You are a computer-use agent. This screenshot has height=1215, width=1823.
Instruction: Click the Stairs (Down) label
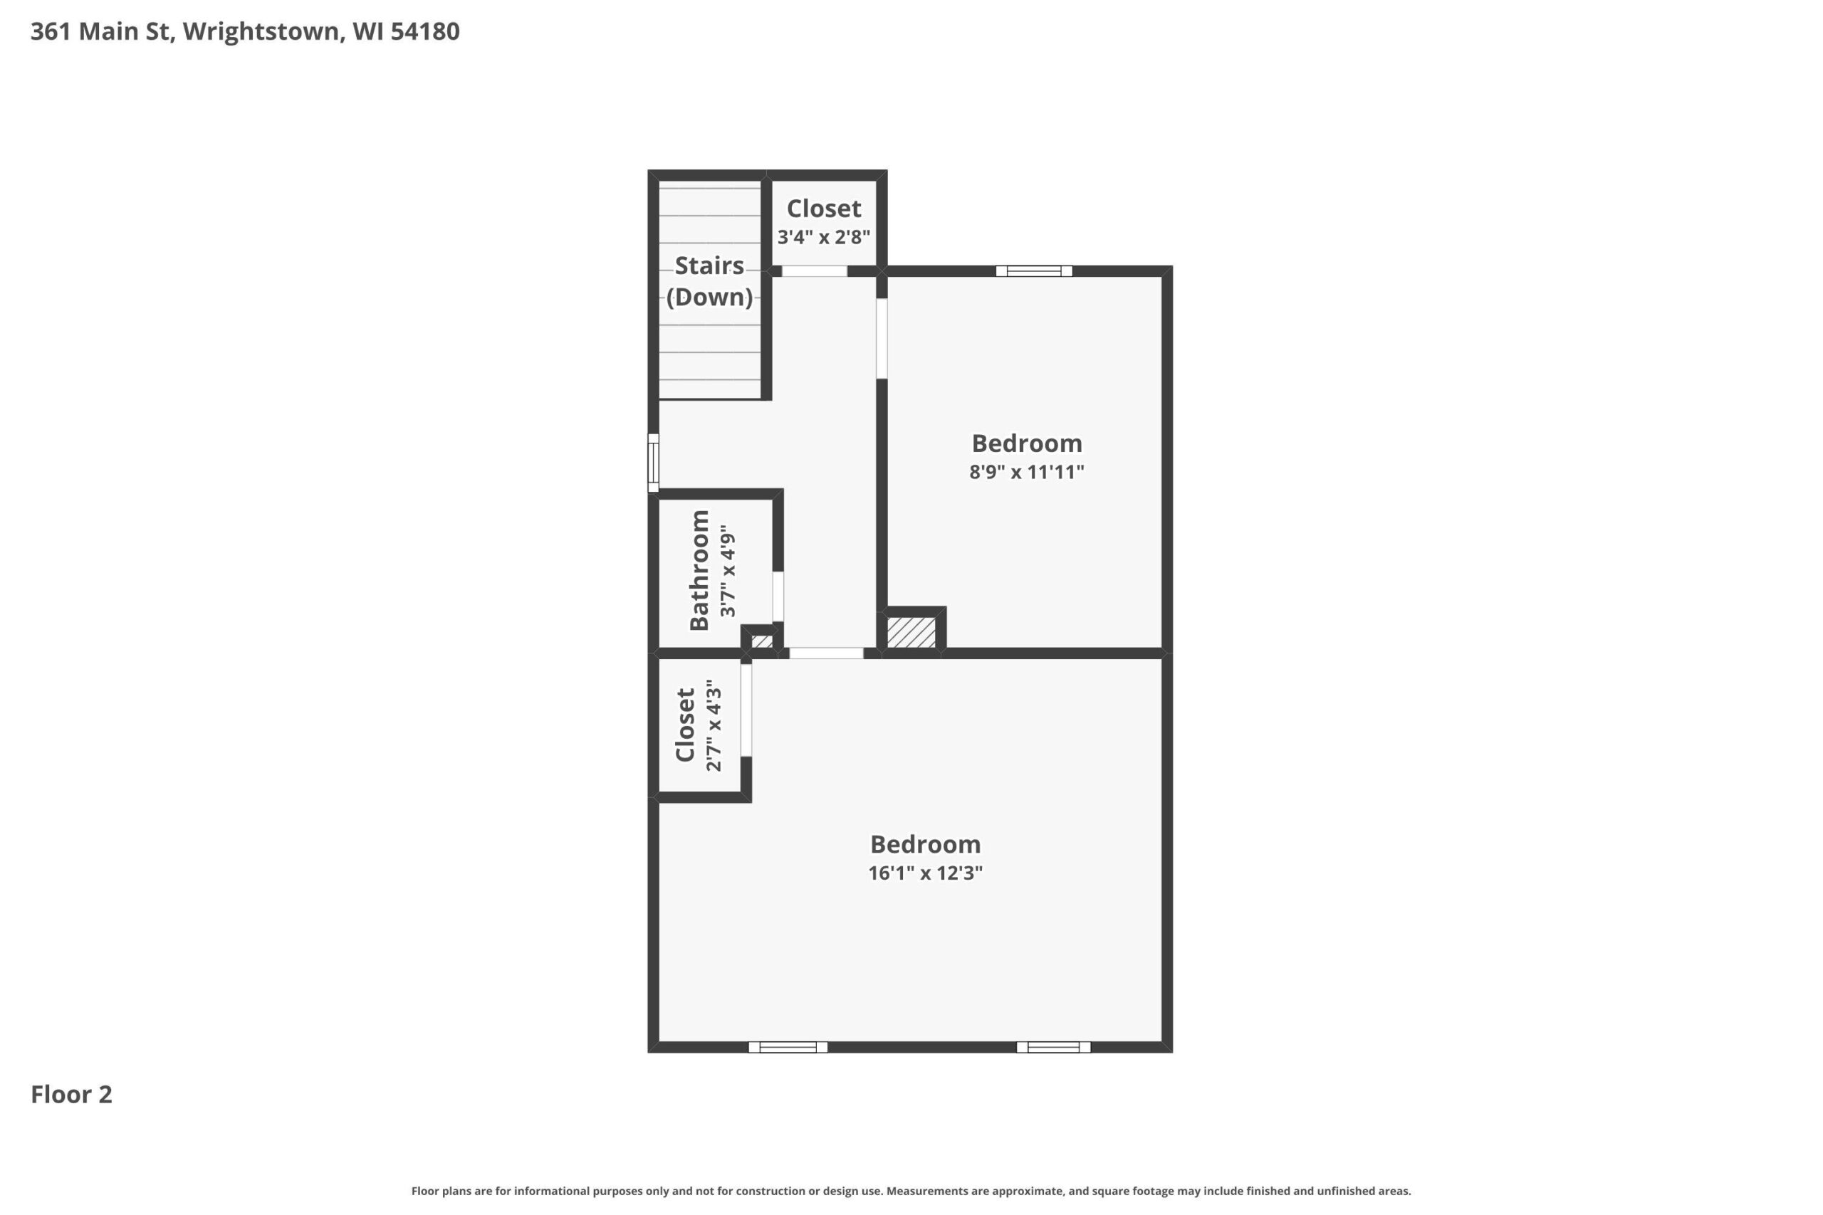click(x=709, y=280)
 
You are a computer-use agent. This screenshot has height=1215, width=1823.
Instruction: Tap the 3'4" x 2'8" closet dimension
click(x=824, y=237)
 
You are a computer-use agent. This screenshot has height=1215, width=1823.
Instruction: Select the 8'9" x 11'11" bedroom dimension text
click(x=1026, y=472)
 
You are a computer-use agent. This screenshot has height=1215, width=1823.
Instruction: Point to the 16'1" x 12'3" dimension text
click(x=926, y=873)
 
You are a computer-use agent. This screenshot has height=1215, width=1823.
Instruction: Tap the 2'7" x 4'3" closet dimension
click(x=714, y=725)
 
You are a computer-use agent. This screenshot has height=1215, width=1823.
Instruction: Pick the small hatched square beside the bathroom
click(x=762, y=641)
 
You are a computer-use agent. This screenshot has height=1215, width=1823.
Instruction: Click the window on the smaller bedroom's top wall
click(x=1034, y=271)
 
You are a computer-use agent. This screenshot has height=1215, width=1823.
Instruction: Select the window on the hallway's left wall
click(x=654, y=463)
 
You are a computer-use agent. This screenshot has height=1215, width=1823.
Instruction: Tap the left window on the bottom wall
click(x=788, y=1048)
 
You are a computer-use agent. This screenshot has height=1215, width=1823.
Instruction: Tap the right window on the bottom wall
click(x=1053, y=1048)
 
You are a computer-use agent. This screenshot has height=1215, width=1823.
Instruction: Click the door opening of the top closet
click(x=814, y=271)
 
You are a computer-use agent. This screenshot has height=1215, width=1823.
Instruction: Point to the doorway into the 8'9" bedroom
click(x=882, y=339)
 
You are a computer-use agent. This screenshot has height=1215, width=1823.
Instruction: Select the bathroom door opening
click(x=778, y=596)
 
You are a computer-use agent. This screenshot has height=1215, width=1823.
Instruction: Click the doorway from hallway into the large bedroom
click(x=826, y=653)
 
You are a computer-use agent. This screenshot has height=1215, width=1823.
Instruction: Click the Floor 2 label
click(x=71, y=1094)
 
